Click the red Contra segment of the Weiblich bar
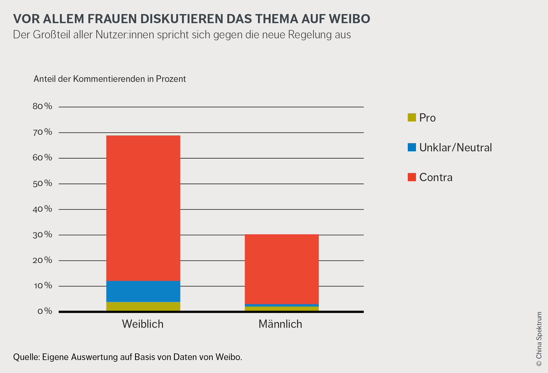(x=143, y=208)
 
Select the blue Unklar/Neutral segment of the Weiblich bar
(x=143, y=291)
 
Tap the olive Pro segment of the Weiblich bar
(x=143, y=306)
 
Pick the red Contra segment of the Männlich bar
(x=282, y=269)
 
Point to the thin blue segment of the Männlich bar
(x=282, y=305)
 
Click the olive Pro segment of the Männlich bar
(x=282, y=308)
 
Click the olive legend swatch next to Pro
(x=412, y=117)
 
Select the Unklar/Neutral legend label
(x=455, y=147)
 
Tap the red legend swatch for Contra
(x=412, y=177)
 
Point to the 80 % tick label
(x=42, y=106)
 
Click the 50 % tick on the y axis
(x=42, y=183)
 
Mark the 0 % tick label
(x=45, y=311)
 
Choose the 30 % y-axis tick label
(x=42, y=235)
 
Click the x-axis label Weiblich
(x=143, y=324)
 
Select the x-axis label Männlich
(x=280, y=324)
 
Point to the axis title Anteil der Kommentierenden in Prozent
(x=110, y=79)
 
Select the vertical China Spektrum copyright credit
(x=539, y=339)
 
